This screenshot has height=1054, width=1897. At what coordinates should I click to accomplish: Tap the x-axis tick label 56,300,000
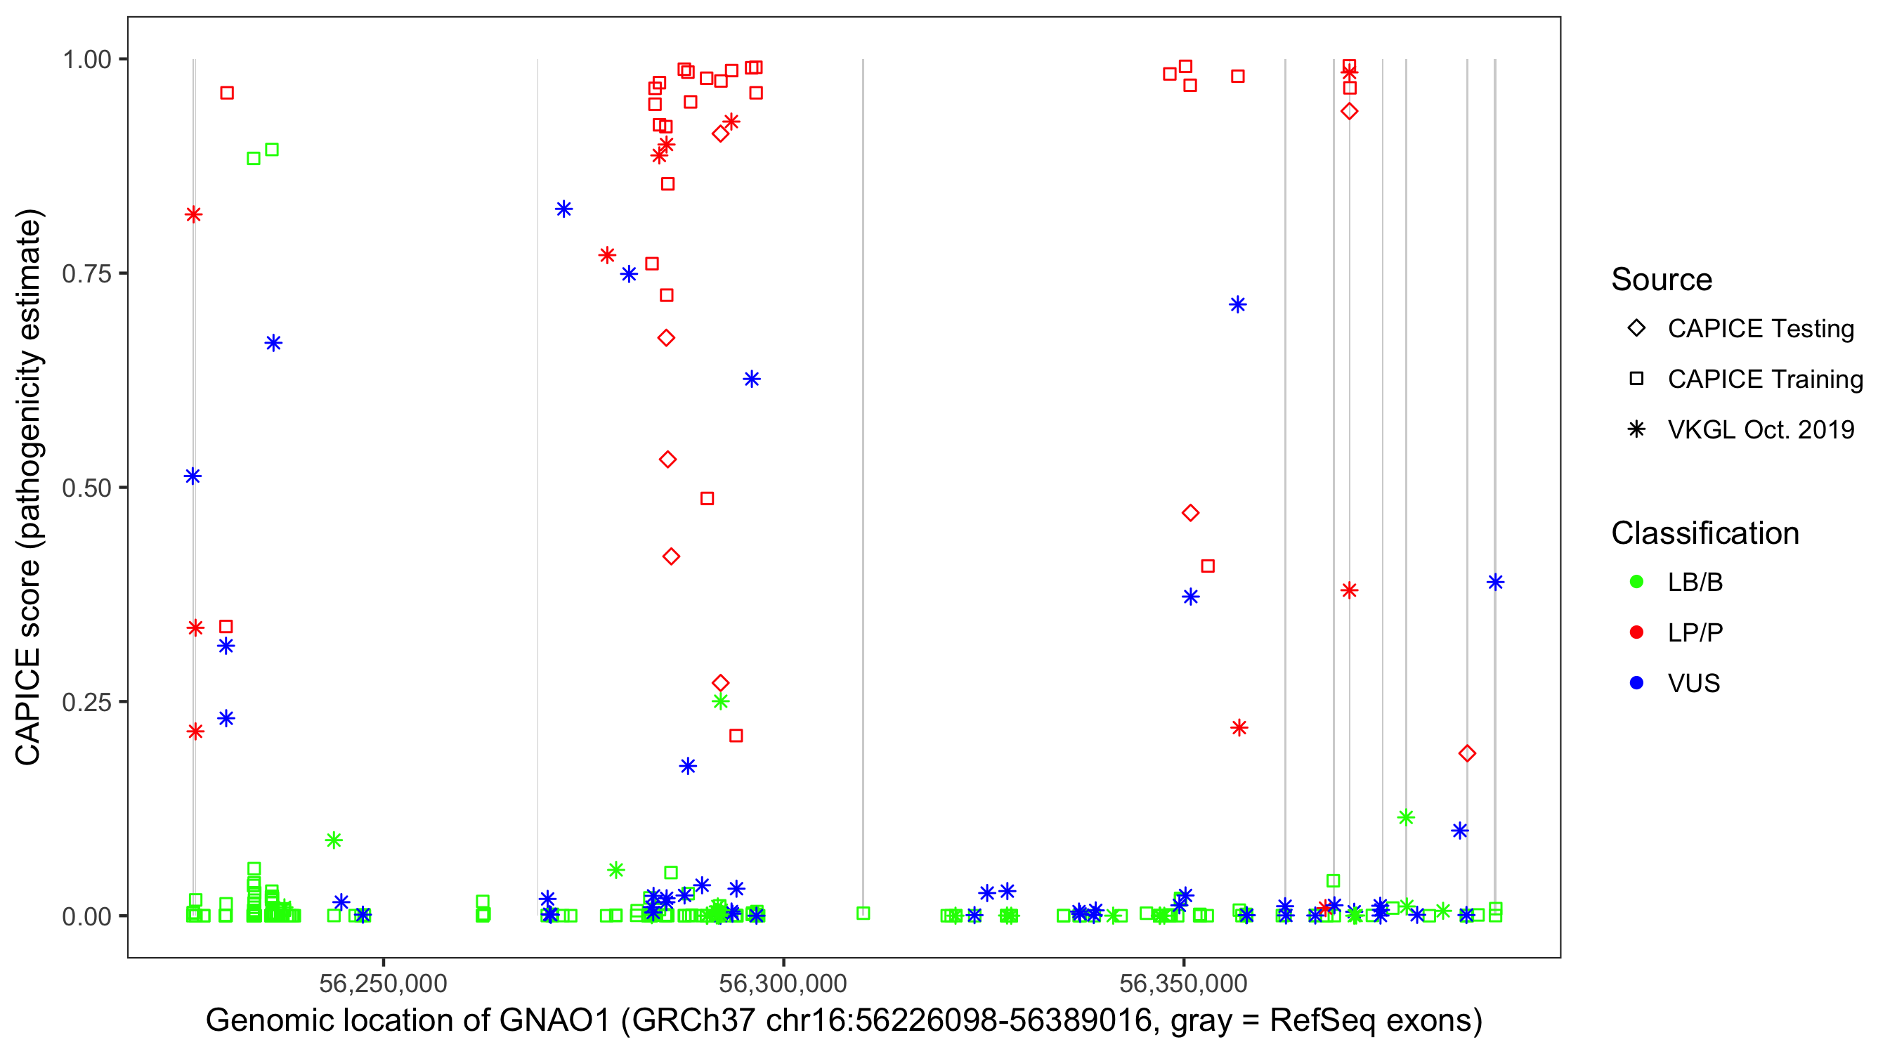click(x=783, y=983)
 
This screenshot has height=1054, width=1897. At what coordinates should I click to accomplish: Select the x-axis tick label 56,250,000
click(x=383, y=983)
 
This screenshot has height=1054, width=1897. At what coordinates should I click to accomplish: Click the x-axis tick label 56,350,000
click(x=1183, y=983)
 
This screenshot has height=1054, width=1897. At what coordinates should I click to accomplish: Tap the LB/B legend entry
click(x=1695, y=582)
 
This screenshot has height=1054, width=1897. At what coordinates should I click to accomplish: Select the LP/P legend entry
click(x=1695, y=632)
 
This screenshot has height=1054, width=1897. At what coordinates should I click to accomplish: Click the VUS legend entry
click(x=1693, y=684)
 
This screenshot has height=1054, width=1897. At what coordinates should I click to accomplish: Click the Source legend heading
click(x=1662, y=280)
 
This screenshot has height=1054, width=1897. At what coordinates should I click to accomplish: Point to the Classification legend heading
click(x=1704, y=533)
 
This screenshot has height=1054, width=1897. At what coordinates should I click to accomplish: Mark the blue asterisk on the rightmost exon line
click(x=1495, y=582)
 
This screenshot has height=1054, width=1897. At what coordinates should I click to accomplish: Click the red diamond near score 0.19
click(x=1467, y=753)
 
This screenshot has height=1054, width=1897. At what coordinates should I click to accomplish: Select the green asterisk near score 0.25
click(x=721, y=701)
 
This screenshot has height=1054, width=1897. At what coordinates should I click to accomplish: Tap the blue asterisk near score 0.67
click(x=273, y=343)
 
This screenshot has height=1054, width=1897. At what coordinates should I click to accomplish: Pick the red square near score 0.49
click(x=707, y=499)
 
